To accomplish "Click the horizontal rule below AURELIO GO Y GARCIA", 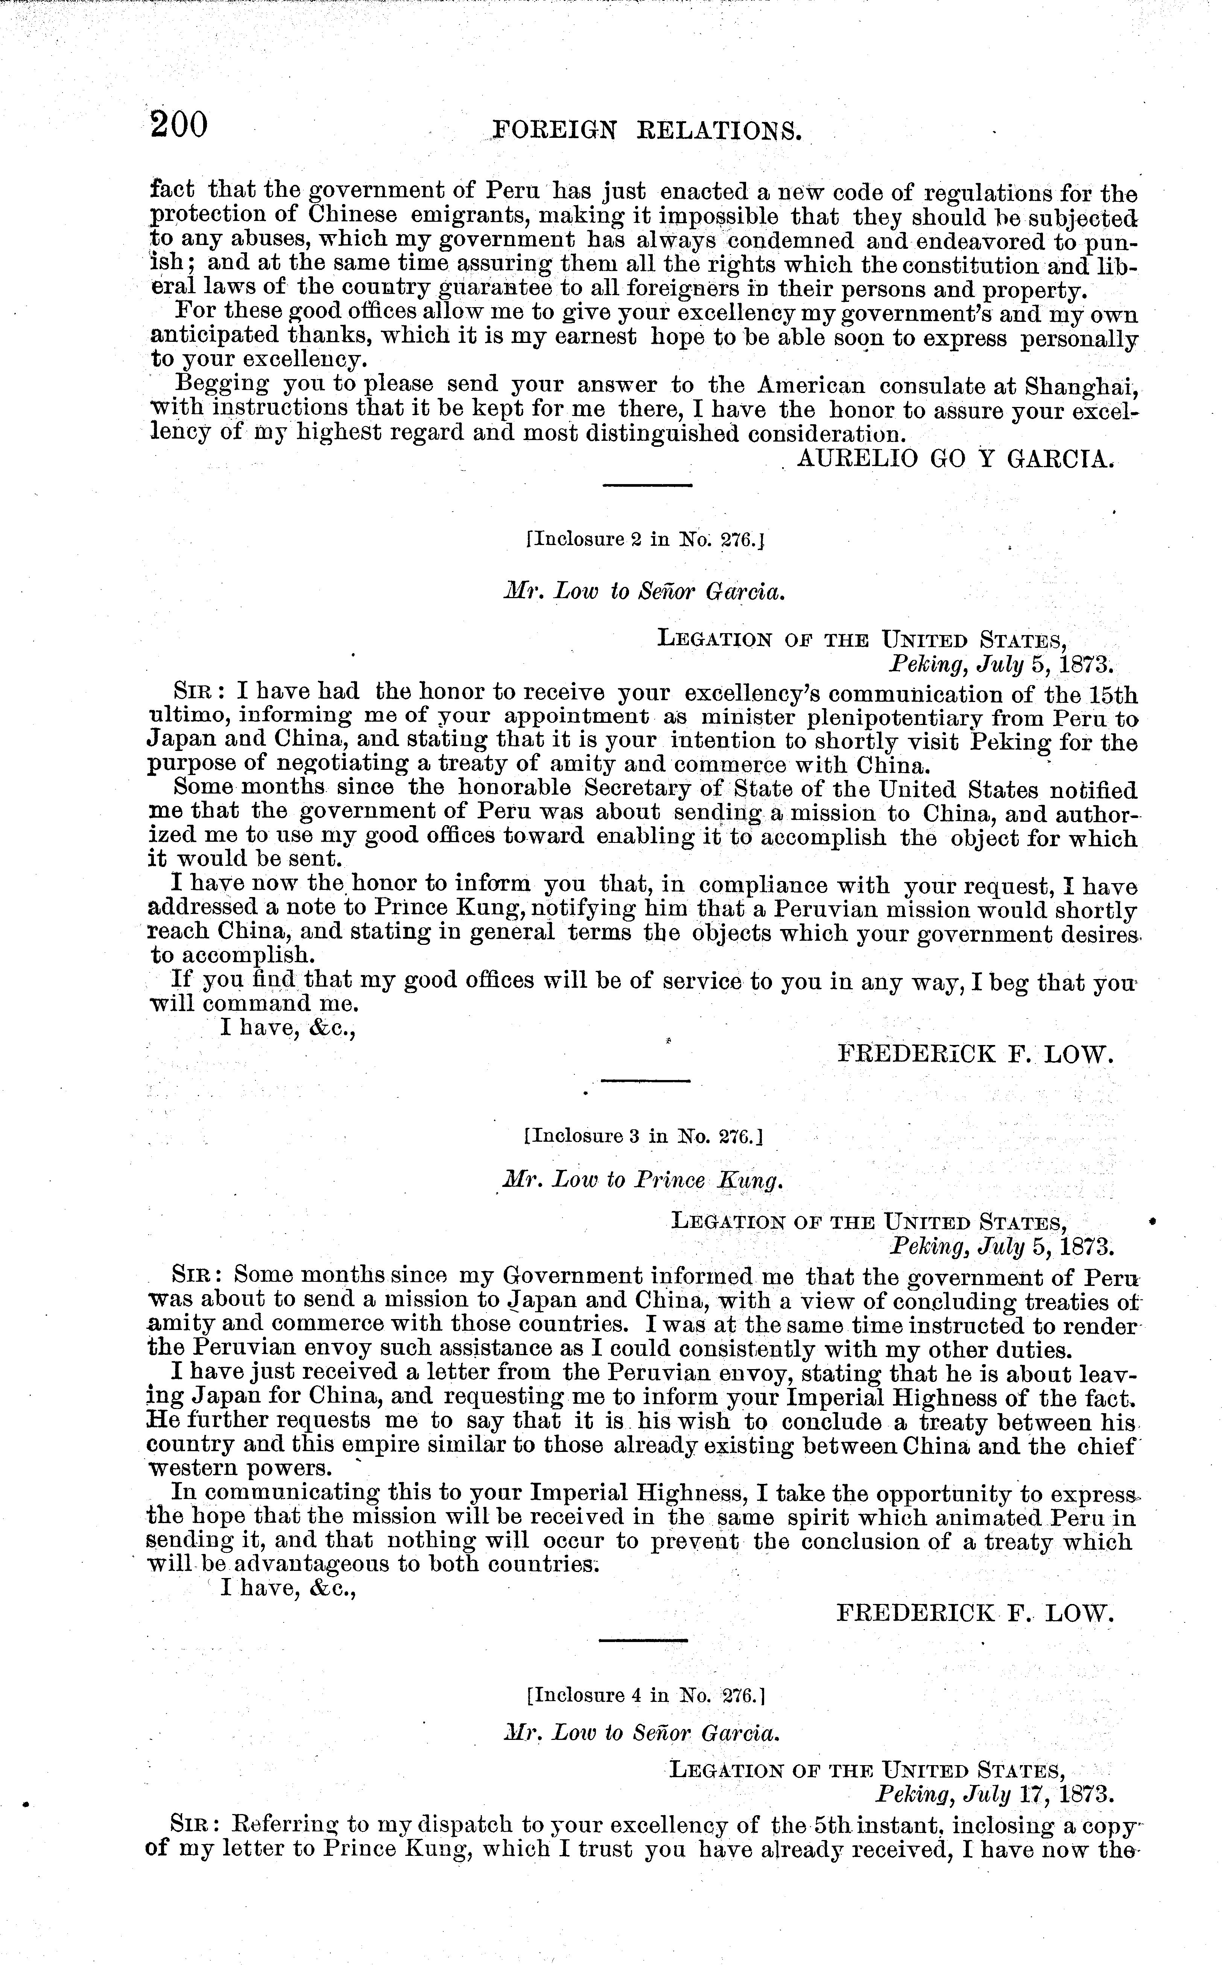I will click(647, 485).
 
